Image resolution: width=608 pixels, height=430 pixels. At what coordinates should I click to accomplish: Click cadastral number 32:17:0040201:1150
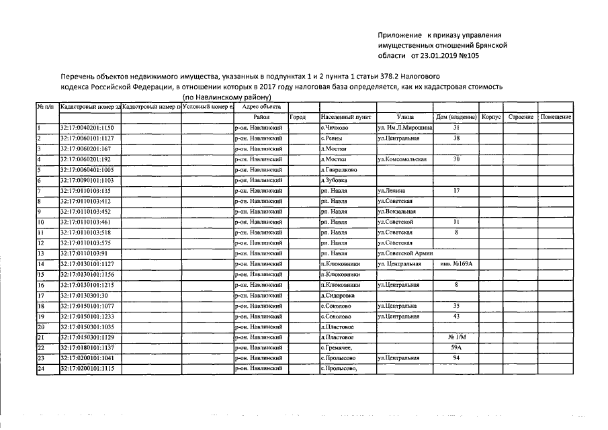[x=87, y=128]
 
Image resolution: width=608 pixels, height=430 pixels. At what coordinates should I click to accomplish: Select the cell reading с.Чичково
[x=334, y=128]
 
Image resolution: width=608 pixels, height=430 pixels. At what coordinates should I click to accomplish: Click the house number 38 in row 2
[x=456, y=138]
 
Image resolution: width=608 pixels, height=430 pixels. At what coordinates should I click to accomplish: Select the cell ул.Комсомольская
[x=403, y=159]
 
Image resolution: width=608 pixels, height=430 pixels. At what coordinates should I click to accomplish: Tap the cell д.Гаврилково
[x=338, y=170]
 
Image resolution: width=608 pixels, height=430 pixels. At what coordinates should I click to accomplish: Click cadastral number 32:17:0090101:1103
[x=87, y=180]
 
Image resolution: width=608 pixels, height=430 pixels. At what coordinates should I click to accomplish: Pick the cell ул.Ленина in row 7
[x=392, y=191]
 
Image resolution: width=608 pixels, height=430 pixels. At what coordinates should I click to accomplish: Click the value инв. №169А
[x=456, y=264]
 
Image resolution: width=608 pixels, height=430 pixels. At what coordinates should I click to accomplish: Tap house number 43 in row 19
[x=456, y=316]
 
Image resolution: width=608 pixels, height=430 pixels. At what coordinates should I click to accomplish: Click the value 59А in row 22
[x=456, y=347]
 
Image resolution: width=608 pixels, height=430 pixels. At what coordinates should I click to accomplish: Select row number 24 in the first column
[x=41, y=368]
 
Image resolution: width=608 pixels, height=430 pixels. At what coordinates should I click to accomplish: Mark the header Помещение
[x=556, y=117]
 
